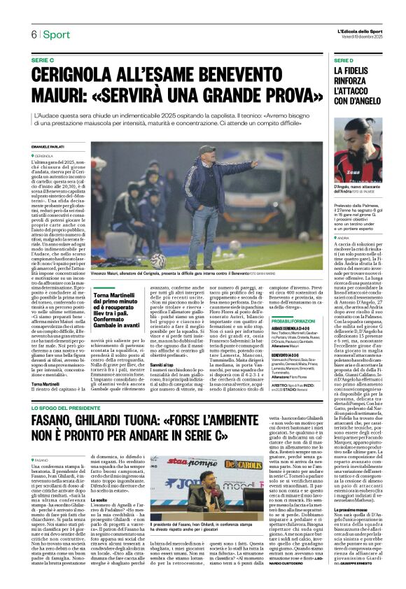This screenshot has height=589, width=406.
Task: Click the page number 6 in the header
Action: tap(33, 35)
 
